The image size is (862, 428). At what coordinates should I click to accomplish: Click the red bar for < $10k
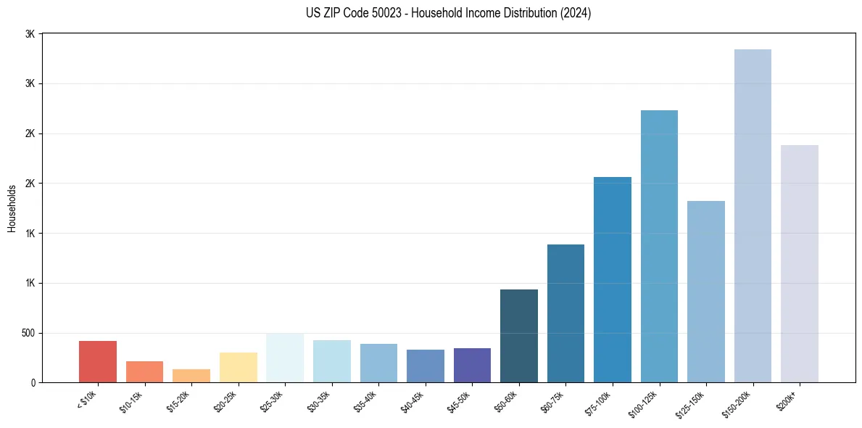[x=98, y=361]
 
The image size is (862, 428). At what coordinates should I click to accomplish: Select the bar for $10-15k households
[x=144, y=371]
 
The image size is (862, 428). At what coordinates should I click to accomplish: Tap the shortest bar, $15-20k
[x=191, y=376]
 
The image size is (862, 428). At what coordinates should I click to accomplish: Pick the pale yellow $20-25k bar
[x=239, y=367]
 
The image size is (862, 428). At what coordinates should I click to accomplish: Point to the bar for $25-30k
[x=285, y=358]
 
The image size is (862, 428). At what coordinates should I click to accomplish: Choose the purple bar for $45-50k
[x=472, y=365]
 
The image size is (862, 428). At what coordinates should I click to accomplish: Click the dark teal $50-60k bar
[x=519, y=336]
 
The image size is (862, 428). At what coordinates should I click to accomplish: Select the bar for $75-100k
[x=613, y=279]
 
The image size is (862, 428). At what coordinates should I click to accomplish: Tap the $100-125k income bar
[x=659, y=246]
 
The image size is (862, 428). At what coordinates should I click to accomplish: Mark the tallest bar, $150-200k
[x=753, y=215]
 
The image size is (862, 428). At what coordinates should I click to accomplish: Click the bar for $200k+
[x=800, y=263]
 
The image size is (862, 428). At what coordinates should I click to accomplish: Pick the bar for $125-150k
[x=706, y=292]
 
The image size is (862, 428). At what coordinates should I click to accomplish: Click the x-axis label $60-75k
[x=553, y=401]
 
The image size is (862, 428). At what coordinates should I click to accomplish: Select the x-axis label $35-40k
[x=366, y=401]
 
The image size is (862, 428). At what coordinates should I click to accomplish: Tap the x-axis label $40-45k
[x=413, y=401]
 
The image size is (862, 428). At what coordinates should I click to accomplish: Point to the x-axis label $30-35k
[x=319, y=401]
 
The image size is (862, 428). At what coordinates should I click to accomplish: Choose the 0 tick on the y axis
[x=33, y=382]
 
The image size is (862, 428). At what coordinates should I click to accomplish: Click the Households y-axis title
[x=12, y=208]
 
